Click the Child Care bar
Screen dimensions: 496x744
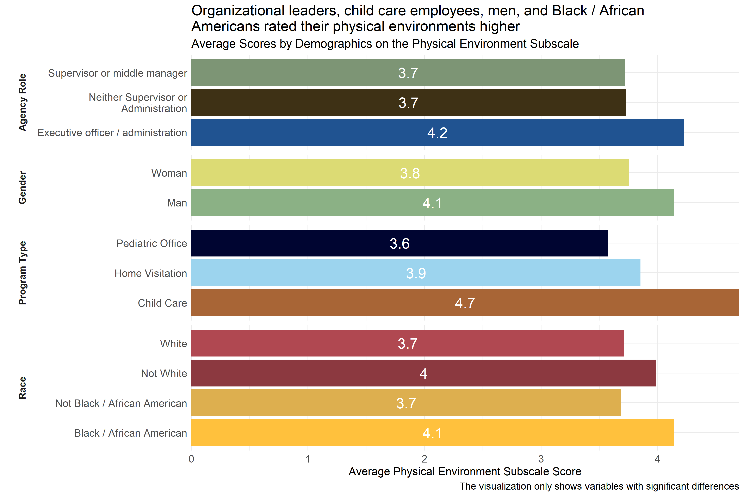pyautogui.click(x=465, y=303)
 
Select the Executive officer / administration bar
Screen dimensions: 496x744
pyautogui.click(x=437, y=132)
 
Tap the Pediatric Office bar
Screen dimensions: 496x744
pyautogui.click(x=399, y=243)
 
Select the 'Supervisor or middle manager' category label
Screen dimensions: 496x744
pyautogui.click(x=117, y=73)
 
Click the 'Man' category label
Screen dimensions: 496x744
pyautogui.click(x=177, y=203)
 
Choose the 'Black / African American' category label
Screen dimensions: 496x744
pyautogui.click(x=130, y=433)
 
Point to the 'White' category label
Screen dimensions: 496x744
pyautogui.click(x=173, y=343)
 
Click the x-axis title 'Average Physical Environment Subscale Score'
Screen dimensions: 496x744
pyautogui.click(x=465, y=472)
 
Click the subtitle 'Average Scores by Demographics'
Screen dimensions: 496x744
pyautogui.click(x=385, y=44)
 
